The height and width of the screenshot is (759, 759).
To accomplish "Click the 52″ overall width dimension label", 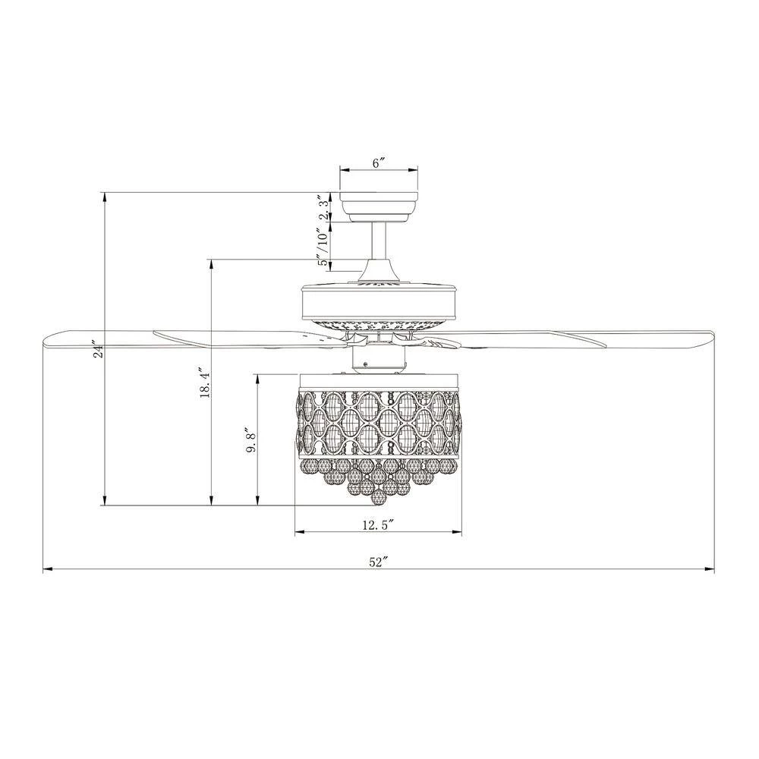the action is (379, 562).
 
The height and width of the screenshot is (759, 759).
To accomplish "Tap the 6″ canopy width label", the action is (379, 162).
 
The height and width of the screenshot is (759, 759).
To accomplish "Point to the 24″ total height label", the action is (99, 351).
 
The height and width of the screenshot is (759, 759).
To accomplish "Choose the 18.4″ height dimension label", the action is (205, 384).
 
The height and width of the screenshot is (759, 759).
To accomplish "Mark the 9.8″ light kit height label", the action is (250, 440).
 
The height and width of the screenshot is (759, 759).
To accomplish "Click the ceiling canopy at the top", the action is (379, 208).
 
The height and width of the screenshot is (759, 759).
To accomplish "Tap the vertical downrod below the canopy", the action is (379, 241).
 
